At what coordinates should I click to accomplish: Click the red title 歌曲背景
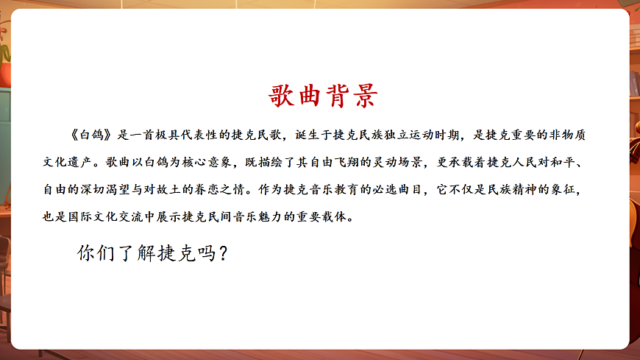(324, 96)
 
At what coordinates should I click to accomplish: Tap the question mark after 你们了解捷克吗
(224, 254)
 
